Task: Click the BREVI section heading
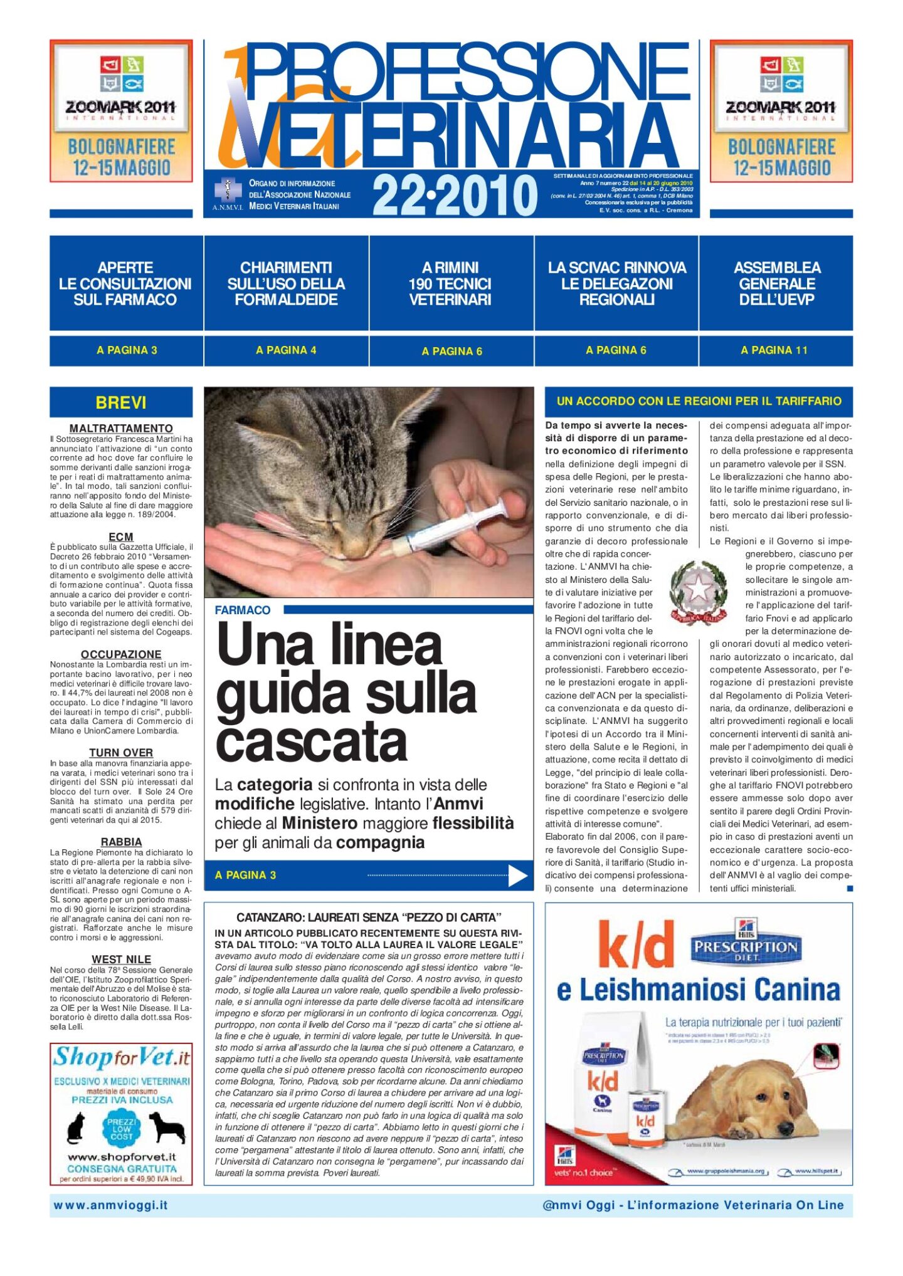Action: (x=121, y=402)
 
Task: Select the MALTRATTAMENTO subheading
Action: (x=121, y=429)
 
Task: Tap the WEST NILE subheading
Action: (x=121, y=960)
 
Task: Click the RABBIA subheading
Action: (x=121, y=842)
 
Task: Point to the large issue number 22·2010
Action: (x=455, y=195)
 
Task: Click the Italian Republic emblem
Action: (x=698, y=592)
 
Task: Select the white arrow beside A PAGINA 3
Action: (x=517, y=876)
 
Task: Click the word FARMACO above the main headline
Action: (x=243, y=610)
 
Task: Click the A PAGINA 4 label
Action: (x=286, y=350)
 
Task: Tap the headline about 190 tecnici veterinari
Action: (x=450, y=283)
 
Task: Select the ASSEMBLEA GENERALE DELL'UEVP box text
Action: (x=776, y=283)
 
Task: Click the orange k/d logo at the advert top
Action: (x=635, y=945)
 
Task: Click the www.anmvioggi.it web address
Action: (x=111, y=1205)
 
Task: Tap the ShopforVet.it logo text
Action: (x=121, y=1058)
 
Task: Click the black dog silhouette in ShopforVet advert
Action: (x=166, y=1127)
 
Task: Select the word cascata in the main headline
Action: (x=312, y=742)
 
